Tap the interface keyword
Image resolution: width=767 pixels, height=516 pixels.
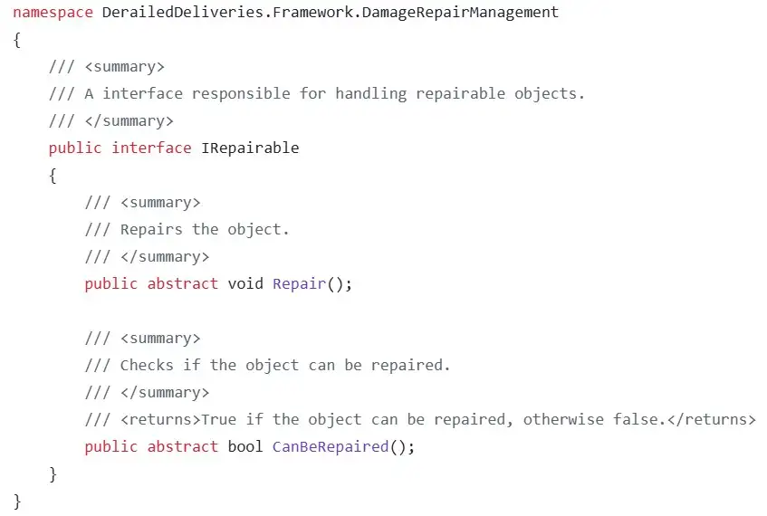151,148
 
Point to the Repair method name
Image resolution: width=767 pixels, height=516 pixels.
298,283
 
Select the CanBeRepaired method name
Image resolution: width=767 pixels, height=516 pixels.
330,446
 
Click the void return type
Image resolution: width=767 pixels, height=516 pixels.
244,283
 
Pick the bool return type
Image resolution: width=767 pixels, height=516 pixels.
244,446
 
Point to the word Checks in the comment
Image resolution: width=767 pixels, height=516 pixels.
147,365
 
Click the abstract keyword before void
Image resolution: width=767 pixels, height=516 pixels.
183,283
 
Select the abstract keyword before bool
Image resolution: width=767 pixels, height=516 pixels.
183,446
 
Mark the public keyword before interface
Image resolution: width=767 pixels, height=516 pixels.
75,148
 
